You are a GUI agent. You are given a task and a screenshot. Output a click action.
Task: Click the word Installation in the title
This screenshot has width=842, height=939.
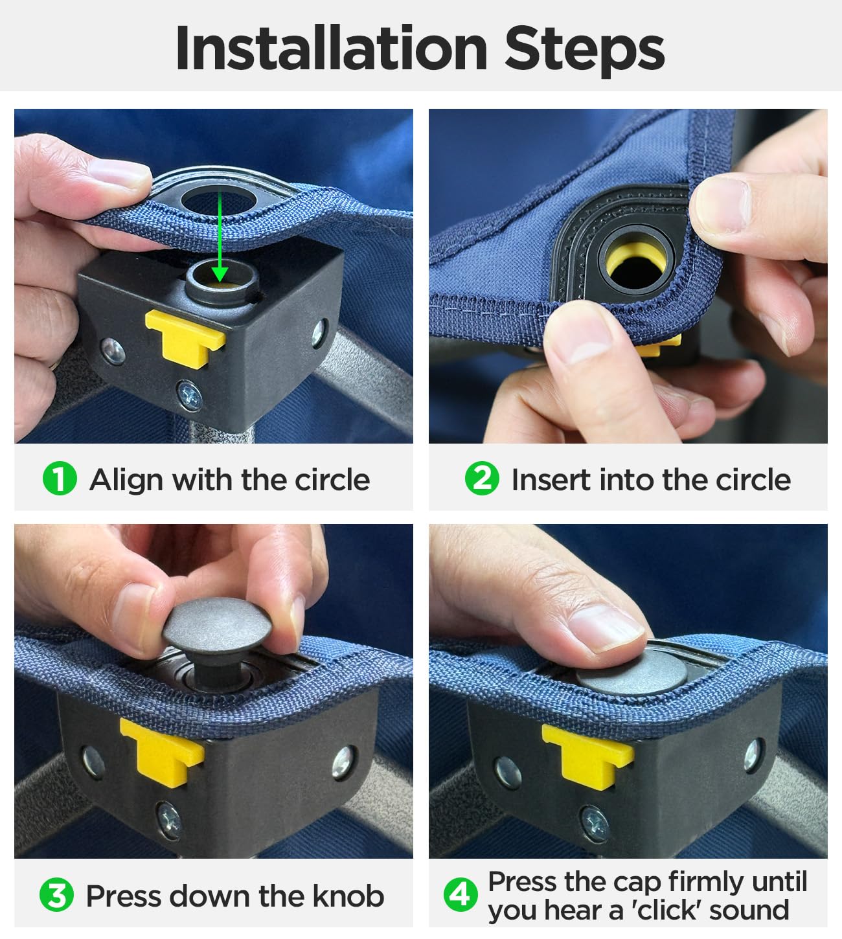click(x=331, y=48)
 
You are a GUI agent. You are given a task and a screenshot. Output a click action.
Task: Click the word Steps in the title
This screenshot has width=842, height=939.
click(x=585, y=51)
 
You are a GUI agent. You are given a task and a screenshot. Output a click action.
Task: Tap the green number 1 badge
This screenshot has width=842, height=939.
click(x=60, y=479)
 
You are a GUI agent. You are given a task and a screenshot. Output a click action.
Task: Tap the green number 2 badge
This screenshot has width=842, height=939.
click(x=482, y=479)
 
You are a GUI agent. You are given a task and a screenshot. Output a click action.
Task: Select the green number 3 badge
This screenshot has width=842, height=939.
click(x=56, y=895)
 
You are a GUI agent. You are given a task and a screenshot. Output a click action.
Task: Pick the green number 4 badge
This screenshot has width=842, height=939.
click(x=461, y=895)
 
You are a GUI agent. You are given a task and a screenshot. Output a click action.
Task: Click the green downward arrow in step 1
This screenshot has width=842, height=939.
click(x=220, y=236)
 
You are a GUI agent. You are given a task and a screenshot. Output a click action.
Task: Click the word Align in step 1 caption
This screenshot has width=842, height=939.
click(x=126, y=481)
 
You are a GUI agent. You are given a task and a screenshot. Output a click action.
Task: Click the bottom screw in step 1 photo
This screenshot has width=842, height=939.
click(x=190, y=395)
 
